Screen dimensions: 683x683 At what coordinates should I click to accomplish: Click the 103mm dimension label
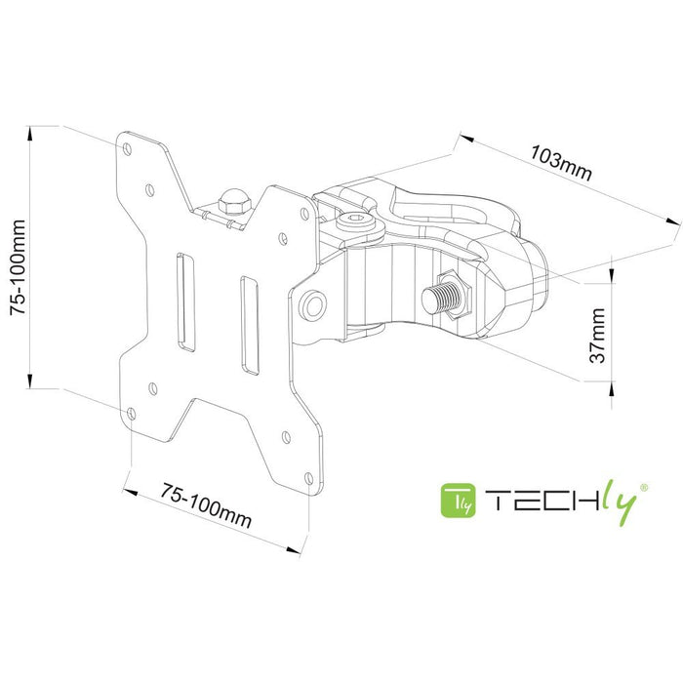561,161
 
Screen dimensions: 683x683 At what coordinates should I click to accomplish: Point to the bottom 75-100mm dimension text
206,503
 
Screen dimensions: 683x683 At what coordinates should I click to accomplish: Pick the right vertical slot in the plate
247,325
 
